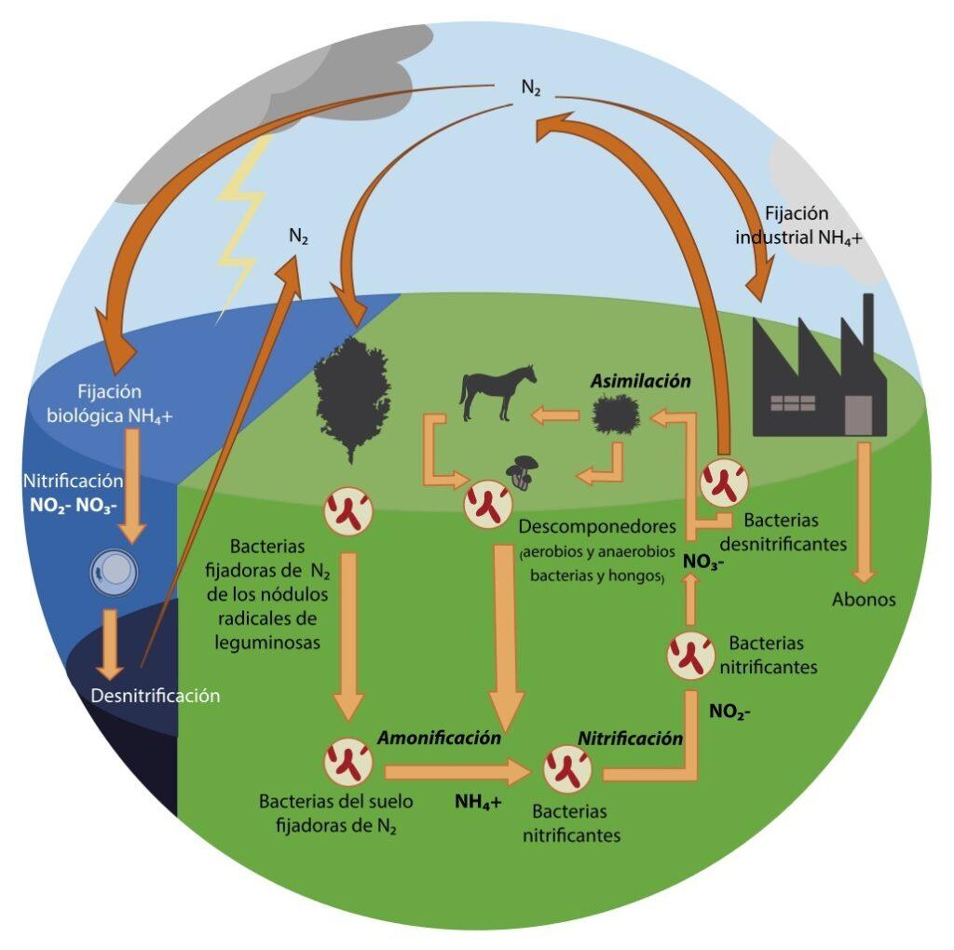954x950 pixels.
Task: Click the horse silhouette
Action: click(x=497, y=392)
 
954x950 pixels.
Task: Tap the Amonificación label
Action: click(x=439, y=737)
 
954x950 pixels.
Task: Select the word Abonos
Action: click(x=864, y=599)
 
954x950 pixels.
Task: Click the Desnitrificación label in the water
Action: click(x=156, y=695)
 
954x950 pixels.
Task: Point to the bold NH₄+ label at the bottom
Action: click(x=478, y=800)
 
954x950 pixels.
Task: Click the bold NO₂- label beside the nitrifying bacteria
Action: click(x=729, y=712)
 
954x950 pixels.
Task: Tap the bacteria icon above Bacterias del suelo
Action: click(x=348, y=762)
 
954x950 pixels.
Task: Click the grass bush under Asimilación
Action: click(x=616, y=414)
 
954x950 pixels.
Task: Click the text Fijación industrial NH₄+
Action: click(x=798, y=225)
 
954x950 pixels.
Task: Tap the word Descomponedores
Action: click(x=597, y=527)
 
